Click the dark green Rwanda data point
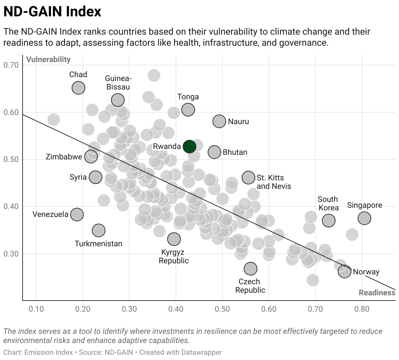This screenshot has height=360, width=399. [189, 146]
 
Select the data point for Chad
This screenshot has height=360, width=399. [78, 88]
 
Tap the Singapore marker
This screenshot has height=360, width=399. [364, 218]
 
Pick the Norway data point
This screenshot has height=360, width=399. [344, 271]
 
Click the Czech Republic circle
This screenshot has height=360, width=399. [251, 269]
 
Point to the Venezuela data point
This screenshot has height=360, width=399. [77, 214]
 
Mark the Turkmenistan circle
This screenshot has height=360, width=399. [98, 230]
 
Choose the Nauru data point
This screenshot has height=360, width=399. [219, 121]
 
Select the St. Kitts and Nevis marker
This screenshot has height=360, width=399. [249, 177]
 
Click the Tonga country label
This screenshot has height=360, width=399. [188, 97]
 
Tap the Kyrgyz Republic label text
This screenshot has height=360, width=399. [174, 256]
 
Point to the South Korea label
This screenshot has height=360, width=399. [328, 204]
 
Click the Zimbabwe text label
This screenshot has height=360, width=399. [64, 157]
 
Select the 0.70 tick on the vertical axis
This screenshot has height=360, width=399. [11, 65]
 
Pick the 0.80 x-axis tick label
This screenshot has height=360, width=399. [362, 309]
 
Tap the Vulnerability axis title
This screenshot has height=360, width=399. [48, 59]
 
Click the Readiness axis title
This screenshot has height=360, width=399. [377, 292]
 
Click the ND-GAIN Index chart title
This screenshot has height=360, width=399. [52, 11]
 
